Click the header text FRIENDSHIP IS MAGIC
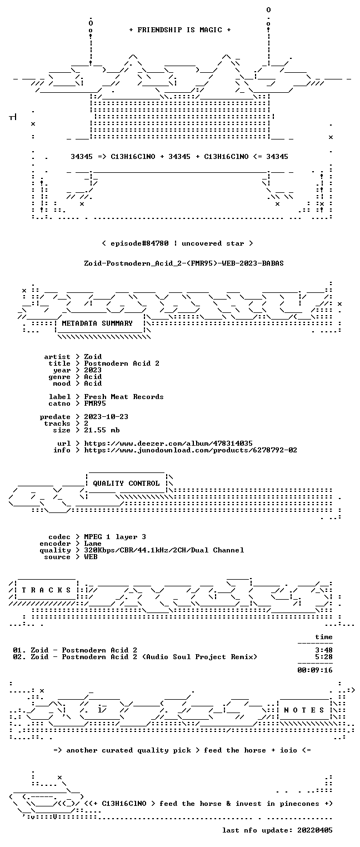179,30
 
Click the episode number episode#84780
139,243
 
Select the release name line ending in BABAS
184,263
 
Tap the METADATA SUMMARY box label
97,323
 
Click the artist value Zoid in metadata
93,357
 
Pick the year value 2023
93,370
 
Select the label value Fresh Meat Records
124,397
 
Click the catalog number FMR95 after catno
95,403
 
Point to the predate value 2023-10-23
106,417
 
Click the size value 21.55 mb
102,430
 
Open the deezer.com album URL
168,444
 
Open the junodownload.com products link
191,450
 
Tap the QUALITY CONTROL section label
126,483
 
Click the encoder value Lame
93,544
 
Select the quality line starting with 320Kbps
164,550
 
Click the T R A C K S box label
47,590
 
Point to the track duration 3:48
324,650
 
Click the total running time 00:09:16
315,670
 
